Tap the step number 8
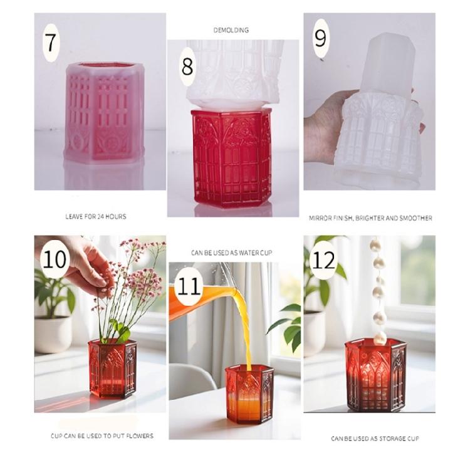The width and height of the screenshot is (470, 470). tap(187, 66)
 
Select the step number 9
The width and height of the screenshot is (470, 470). tap(320, 39)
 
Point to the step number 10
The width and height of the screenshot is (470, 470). tap(55, 259)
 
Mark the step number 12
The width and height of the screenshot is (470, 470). tap(323, 259)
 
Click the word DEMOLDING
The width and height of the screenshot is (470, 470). tap(231, 29)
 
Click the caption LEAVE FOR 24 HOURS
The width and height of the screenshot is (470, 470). tap(96, 216)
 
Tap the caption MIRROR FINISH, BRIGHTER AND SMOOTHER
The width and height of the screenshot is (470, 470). tap(370, 218)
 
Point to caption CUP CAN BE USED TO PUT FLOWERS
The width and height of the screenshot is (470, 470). tap(102, 436)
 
